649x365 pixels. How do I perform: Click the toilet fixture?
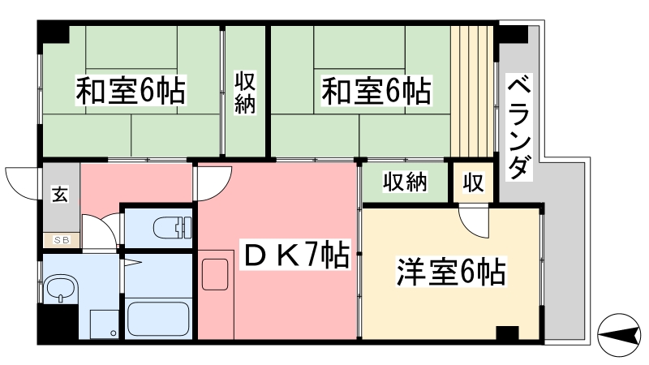pos(173,228)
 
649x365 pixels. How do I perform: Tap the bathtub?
pos(158,319)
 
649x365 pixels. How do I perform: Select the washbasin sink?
pos(61,290)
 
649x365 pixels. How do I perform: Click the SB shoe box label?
pos(62,239)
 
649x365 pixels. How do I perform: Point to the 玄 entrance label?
pos(60,194)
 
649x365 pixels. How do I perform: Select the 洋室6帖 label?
pos(451,273)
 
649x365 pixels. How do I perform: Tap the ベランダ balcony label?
pos(519,127)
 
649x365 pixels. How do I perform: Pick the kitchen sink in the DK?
pos(215,274)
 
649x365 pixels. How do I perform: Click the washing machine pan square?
pos(105,324)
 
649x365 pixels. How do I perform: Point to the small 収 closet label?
pos(474,182)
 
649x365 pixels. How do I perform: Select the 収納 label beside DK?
pos(404,181)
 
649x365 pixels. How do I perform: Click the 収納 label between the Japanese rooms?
pos(245,92)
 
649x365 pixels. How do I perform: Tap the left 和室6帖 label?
pos(131,90)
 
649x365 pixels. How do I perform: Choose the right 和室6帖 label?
pos(376,90)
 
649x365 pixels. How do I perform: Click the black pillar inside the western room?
pos(507,333)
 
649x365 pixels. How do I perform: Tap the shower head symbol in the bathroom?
pos(131,261)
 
